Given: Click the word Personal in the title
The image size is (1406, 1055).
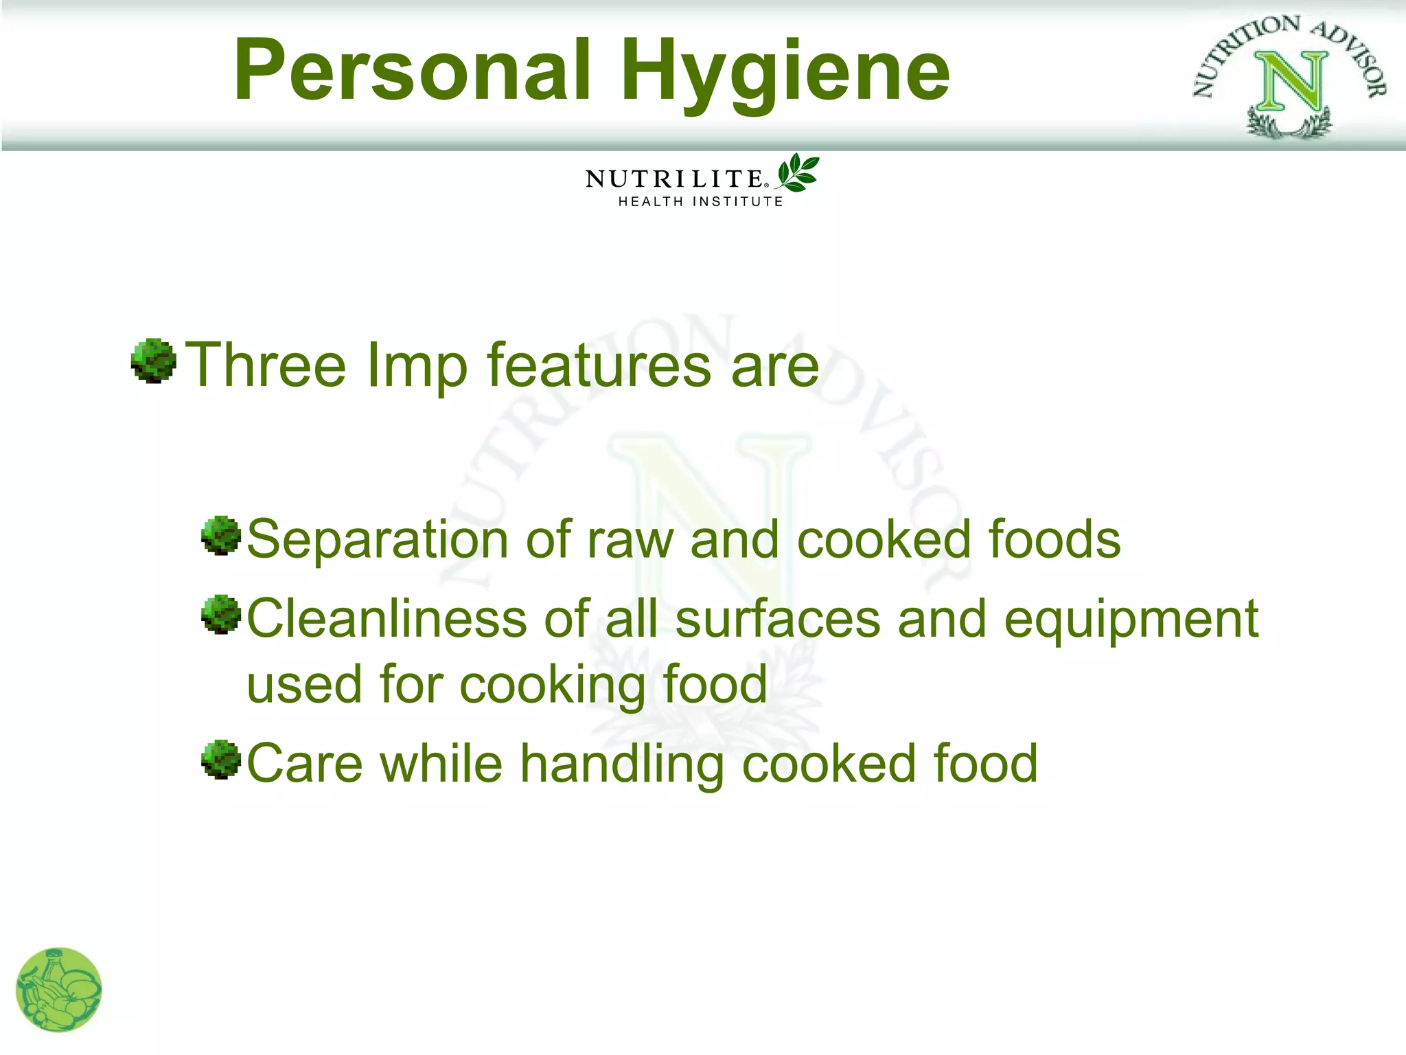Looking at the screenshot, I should point(412,71).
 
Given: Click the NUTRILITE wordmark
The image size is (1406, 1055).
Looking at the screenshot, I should point(674,179).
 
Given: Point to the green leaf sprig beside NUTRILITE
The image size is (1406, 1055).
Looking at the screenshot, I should point(798,172).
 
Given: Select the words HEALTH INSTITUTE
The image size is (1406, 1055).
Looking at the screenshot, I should point(700,202).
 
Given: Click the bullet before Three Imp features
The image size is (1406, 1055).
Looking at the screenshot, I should point(153,361).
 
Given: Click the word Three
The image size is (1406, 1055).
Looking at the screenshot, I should point(266,365).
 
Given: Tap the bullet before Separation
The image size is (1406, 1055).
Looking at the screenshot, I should point(221,536).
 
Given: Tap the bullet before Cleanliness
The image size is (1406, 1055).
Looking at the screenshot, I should point(221,615).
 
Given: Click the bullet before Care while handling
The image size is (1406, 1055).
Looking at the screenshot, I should point(221,760).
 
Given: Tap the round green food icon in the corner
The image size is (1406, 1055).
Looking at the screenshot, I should point(59,990).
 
